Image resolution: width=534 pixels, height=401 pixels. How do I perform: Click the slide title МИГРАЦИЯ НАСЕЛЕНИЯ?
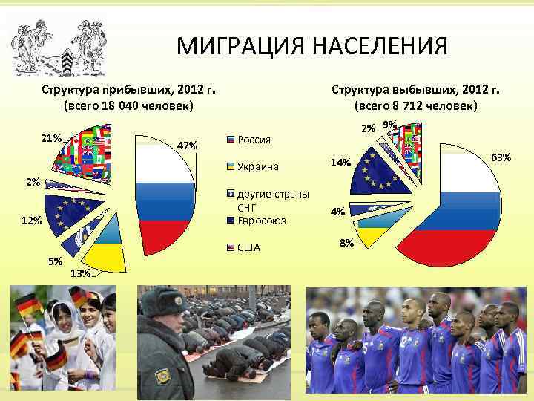tap(311, 46)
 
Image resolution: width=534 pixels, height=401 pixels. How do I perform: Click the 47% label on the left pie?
tap(188, 146)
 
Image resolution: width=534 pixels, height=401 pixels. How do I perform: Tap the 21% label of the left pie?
tap(51, 138)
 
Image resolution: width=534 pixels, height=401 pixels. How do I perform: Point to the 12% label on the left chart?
tap(31, 221)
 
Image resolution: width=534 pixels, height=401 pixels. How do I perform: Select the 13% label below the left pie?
tap(79, 273)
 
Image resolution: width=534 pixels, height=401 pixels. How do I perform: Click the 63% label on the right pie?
tap(501, 157)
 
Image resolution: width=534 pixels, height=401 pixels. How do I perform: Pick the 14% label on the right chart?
tap(340, 163)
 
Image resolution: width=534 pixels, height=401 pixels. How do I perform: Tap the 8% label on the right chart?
tap(346, 243)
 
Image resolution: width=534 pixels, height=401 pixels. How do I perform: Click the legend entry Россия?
tap(254, 139)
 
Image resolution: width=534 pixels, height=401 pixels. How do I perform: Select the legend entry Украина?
tap(258, 166)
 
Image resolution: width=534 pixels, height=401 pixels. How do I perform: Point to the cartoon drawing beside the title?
tap(59, 45)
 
